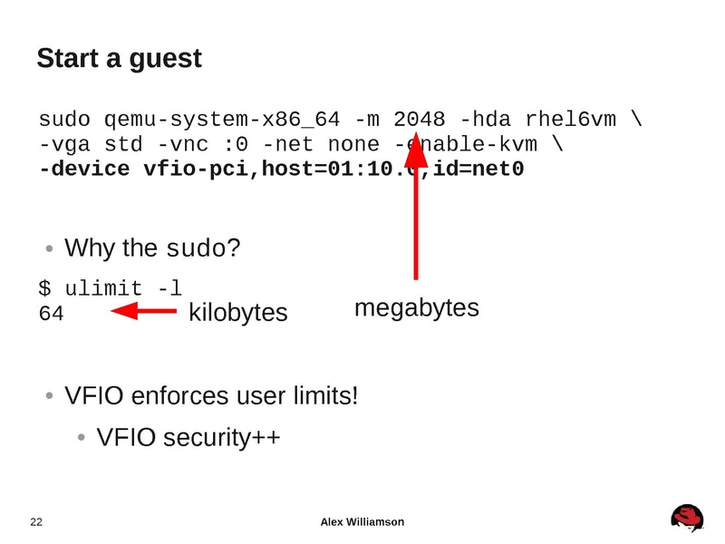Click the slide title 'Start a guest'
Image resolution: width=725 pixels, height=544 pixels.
click(119, 59)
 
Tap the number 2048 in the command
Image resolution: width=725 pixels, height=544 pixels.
click(419, 120)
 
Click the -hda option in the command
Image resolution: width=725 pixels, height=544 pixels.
click(485, 120)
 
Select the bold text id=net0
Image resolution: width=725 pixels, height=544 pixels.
click(478, 169)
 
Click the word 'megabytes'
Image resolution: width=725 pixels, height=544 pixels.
click(416, 308)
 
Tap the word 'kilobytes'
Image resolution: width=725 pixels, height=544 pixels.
click(237, 313)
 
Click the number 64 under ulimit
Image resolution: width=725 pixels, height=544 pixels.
click(51, 314)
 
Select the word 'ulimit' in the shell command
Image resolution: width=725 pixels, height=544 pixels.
click(103, 289)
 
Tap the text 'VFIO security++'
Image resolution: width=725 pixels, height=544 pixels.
click(188, 438)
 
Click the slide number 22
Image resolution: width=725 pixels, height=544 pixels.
click(37, 521)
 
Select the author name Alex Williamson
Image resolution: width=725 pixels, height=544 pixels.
click(362, 521)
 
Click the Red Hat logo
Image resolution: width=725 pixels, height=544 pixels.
click(687, 517)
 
